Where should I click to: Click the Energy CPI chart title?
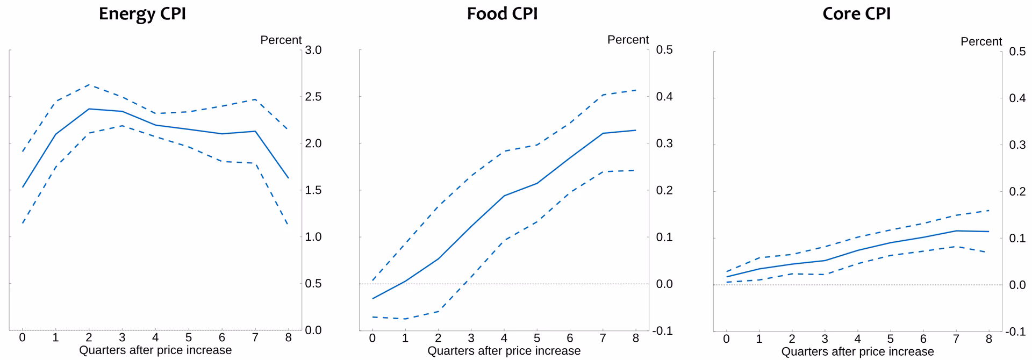[142, 13]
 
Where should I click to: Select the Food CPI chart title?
[502, 13]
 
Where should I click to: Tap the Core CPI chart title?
[856, 13]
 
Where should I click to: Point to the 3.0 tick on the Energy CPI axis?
[313, 50]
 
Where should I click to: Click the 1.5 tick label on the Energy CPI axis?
[313, 190]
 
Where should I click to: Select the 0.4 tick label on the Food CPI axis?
[664, 97]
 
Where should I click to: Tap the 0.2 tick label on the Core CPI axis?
[1017, 191]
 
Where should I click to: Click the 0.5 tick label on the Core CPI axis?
[1017, 52]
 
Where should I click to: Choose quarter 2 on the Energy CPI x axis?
[89, 337]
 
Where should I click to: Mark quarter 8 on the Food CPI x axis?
[636, 338]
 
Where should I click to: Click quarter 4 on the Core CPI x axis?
[857, 339]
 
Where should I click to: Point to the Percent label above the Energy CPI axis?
[281, 40]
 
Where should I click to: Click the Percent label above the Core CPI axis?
[981, 41]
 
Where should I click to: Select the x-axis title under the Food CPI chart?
[504, 351]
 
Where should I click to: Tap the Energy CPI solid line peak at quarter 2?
[89, 109]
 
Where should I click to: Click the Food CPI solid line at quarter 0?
[372, 298]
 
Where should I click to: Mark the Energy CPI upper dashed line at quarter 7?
[255, 99]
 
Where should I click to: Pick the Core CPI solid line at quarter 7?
[956, 231]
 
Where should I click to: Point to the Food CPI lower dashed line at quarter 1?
[405, 319]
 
